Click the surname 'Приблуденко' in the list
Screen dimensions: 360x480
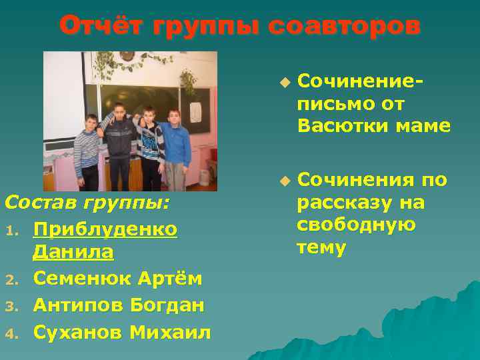[x=105, y=229]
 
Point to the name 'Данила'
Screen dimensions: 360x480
[x=73, y=253]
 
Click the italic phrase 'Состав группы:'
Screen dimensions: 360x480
[x=87, y=201]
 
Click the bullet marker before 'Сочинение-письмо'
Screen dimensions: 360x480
[x=285, y=83]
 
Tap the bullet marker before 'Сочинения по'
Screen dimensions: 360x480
[x=285, y=181]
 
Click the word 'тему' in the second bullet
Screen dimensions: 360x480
[x=321, y=247]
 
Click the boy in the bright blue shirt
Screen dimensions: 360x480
[x=175, y=143]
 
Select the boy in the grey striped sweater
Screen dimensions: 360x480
[x=87, y=150]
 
